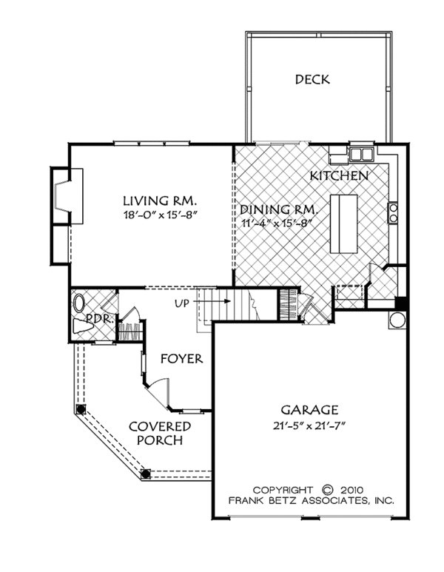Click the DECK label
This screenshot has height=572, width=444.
click(x=312, y=79)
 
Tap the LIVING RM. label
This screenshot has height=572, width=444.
click(x=160, y=201)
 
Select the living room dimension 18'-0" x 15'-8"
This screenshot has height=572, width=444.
click(x=160, y=215)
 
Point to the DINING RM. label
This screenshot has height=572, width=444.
click(x=279, y=209)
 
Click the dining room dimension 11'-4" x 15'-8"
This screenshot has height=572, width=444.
click(x=278, y=223)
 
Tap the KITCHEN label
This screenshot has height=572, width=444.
click(x=339, y=176)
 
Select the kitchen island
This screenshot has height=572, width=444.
click(x=343, y=224)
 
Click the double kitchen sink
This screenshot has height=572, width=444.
click(x=362, y=155)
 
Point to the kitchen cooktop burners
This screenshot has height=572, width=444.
click(x=393, y=212)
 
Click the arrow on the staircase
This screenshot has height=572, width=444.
click(x=212, y=301)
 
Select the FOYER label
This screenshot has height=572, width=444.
click(x=182, y=359)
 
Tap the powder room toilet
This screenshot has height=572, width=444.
click(x=82, y=326)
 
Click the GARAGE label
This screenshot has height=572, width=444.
click(x=309, y=410)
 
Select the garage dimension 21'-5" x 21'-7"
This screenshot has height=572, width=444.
click(x=309, y=425)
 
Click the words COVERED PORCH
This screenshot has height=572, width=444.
click(x=160, y=433)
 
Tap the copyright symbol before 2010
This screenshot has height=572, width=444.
click(x=328, y=490)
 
